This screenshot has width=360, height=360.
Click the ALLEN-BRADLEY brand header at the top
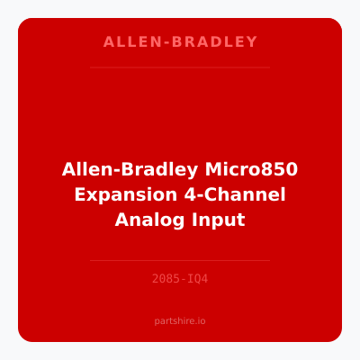(x=180, y=41)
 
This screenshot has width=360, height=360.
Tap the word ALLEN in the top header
(x=122, y=41)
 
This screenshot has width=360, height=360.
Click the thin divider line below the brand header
(x=180, y=67)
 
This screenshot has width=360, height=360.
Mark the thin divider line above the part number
(x=180, y=260)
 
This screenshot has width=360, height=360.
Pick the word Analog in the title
(x=146, y=220)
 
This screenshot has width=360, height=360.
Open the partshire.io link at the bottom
(x=180, y=319)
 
